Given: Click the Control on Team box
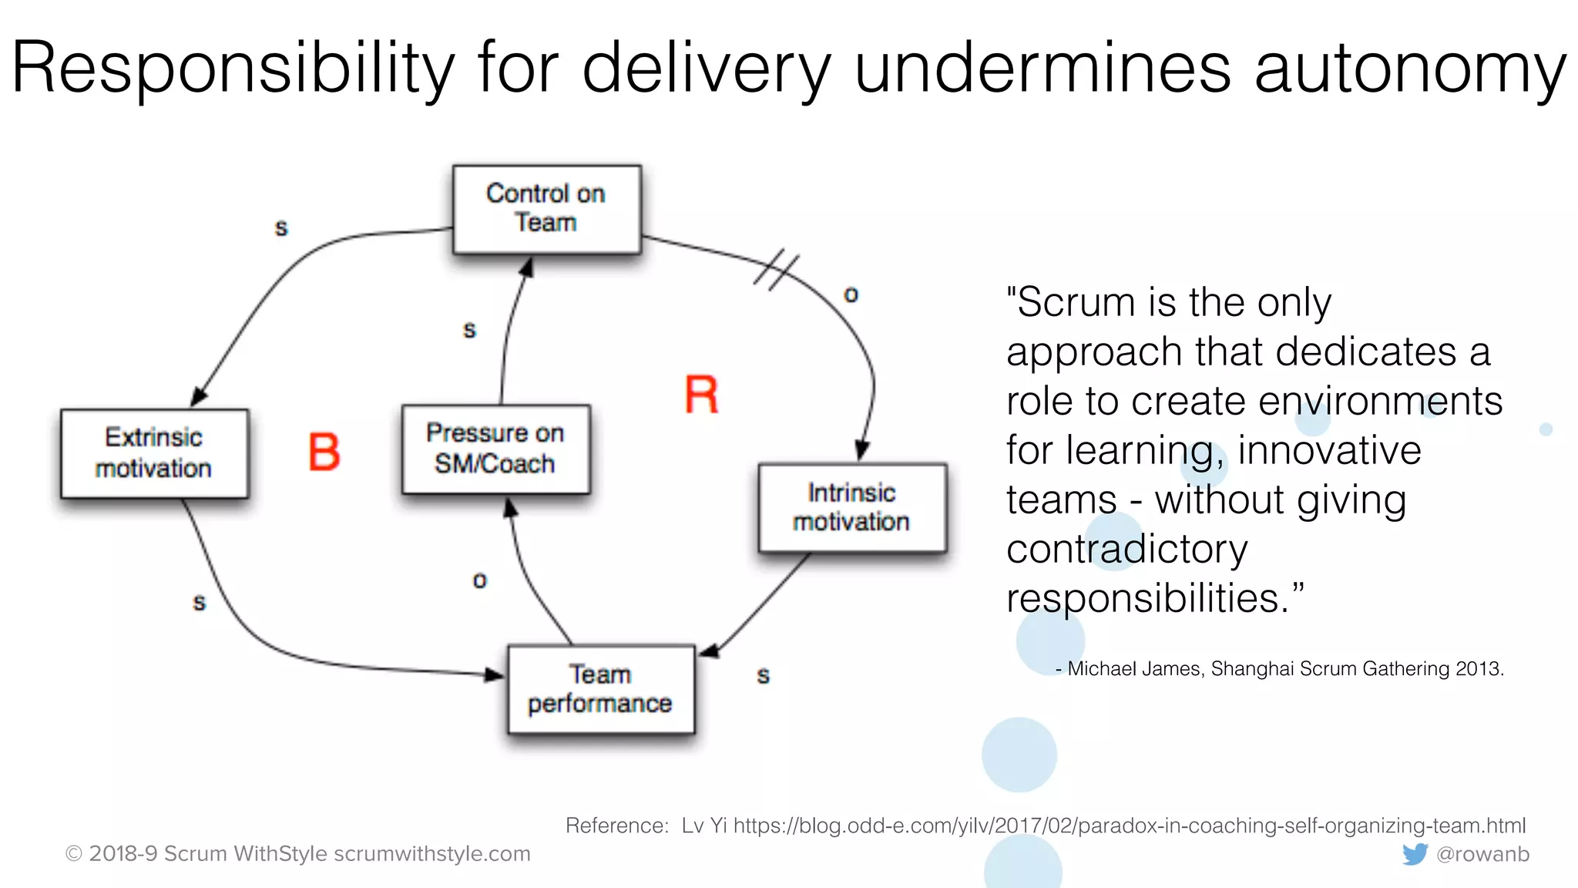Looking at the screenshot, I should coord(546,208).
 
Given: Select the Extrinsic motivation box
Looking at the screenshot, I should coord(154,453).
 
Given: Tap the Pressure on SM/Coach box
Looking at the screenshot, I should coord(495,449).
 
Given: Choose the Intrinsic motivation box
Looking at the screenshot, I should coord(851,507).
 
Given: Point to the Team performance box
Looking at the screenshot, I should coord(600,689).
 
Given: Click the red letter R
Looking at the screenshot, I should coord(701,395).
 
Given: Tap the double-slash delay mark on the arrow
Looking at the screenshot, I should coord(777,270).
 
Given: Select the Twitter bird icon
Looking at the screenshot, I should coord(1415,854).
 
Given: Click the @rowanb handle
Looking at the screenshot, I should coord(1482,854).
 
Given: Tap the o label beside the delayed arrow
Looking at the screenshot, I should coord(851,295).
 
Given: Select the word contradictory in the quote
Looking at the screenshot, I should coord(1126,550).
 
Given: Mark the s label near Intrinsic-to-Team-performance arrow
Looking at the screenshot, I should coord(763,676).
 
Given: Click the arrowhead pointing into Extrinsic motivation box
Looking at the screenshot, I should coord(198,397).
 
